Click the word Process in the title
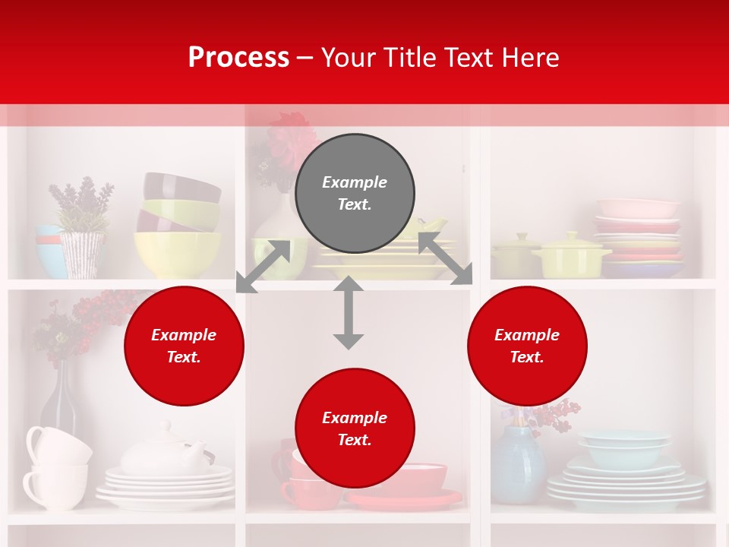pyautogui.click(x=238, y=58)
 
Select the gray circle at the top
pyautogui.click(x=355, y=194)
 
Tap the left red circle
pyautogui.click(x=184, y=346)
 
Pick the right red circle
pyautogui.click(x=527, y=346)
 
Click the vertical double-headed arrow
pyautogui.click(x=349, y=313)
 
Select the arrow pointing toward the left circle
pyautogui.click(x=263, y=267)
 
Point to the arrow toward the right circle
pyautogui.click(x=445, y=259)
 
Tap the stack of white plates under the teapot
pyautogui.click(x=166, y=486)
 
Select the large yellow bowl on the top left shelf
pyautogui.click(x=178, y=255)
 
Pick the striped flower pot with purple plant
pyautogui.click(x=82, y=254)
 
